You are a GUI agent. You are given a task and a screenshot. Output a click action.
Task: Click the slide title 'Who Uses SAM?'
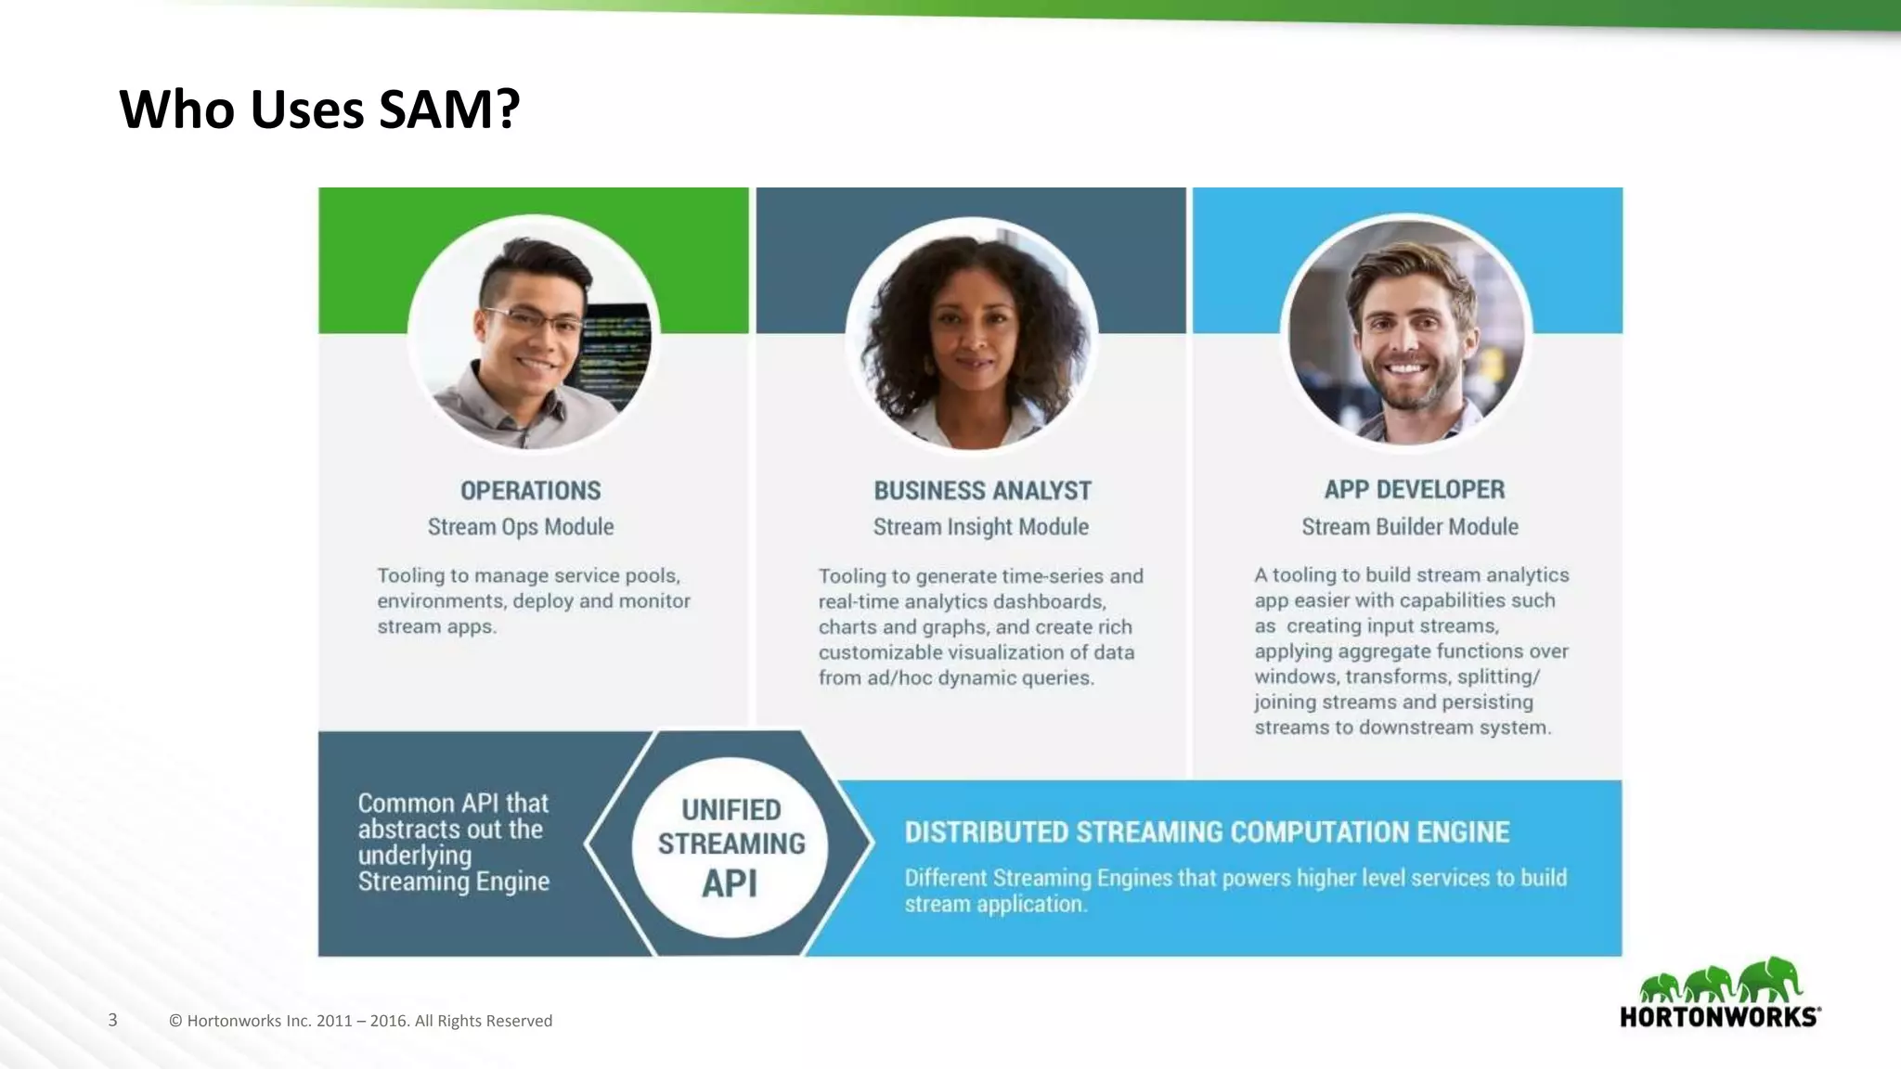click(319, 109)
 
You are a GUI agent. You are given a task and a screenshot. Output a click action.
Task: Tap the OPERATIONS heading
click(531, 490)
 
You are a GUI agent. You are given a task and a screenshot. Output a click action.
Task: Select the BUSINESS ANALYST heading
click(982, 490)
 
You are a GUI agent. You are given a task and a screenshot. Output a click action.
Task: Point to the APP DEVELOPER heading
click(1414, 489)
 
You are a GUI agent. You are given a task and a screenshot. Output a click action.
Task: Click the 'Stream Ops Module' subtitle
click(521, 527)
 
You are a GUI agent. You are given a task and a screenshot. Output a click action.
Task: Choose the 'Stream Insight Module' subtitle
click(980, 527)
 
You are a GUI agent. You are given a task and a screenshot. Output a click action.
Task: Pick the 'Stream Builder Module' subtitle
click(1409, 527)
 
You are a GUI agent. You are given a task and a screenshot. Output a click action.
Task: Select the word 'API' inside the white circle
click(730, 883)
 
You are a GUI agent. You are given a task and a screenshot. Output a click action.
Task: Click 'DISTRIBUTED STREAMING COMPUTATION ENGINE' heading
click(1207, 832)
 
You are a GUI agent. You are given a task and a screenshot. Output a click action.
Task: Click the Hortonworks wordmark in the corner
click(1719, 1017)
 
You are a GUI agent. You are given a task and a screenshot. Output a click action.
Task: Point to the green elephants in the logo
click(1720, 982)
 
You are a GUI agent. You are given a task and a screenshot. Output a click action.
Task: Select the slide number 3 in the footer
click(113, 1020)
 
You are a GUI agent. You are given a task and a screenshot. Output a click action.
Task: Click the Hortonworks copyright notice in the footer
click(360, 1021)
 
